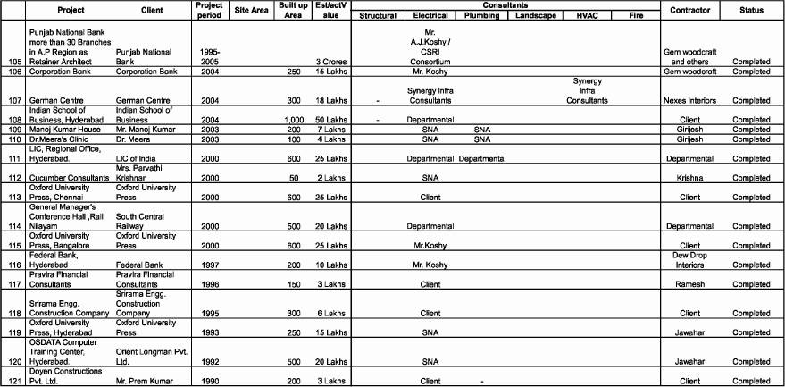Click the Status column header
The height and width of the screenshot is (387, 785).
(751, 10)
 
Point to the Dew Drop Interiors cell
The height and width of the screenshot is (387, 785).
(689, 259)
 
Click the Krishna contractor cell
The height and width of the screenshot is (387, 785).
(689, 178)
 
